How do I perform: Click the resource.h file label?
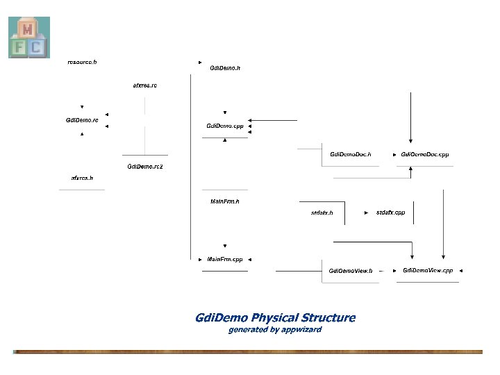pos(82,62)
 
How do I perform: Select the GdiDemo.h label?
pos(225,68)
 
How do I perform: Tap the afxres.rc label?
pos(144,85)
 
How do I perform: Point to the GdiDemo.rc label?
pos(82,120)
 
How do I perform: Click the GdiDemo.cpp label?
pos(225,126)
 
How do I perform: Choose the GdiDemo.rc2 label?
pos(144,167)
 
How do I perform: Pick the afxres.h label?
pos(82,178)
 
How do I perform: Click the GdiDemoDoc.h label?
pos(350,154)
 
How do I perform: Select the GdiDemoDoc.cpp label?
pos(426,154)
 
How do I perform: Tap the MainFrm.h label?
pos(224,201)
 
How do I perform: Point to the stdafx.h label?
pos(322,212)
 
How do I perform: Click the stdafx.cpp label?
pos(390,212)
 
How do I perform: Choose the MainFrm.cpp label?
pos(225,259)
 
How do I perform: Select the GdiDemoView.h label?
pos(351,270)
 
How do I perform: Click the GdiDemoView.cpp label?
pos(428,270)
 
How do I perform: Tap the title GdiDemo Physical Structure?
pos(275,318)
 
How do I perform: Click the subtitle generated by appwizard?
pos(275,329)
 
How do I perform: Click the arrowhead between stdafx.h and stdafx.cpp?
pos(367,212)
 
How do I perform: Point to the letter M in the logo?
pos(28,28)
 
